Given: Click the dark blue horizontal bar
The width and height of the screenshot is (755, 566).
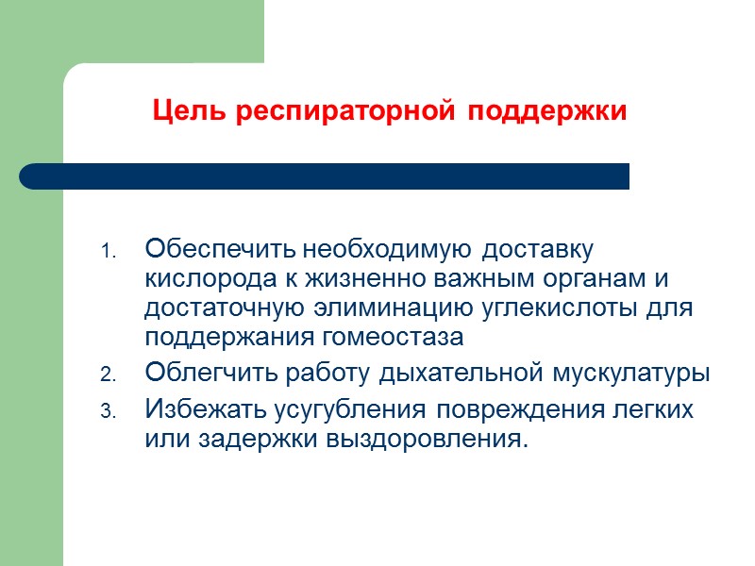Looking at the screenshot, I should click(325, 176).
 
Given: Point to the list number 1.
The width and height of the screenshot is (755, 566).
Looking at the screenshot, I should click(108, 253).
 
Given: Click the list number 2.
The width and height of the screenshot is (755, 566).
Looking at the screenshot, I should click(108, 375).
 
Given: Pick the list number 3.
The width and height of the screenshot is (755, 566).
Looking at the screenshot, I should click(108, 411).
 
